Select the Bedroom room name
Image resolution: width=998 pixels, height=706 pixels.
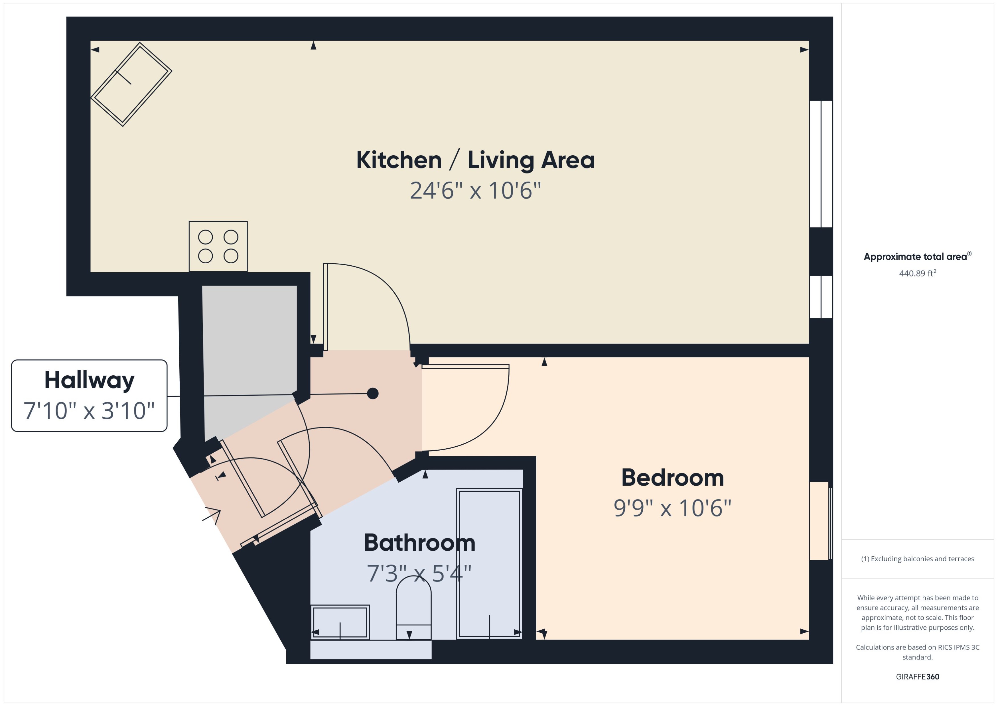[672, 478]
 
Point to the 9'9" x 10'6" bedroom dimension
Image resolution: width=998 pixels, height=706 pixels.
[672, 508]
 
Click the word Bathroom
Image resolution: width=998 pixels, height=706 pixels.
[419, 543]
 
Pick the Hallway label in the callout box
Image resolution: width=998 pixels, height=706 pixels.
[89, 380]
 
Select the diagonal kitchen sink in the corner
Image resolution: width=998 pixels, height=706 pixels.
[131, 84]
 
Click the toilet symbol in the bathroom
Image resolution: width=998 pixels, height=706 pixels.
[413, 609]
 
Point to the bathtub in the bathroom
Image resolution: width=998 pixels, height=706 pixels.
[489, 564]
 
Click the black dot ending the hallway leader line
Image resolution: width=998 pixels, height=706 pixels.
[373, 393]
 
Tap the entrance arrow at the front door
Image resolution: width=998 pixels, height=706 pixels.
[213, 515]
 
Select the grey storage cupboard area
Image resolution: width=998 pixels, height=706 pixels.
[249, 348]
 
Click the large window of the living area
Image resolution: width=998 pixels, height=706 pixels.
[821, 164]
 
